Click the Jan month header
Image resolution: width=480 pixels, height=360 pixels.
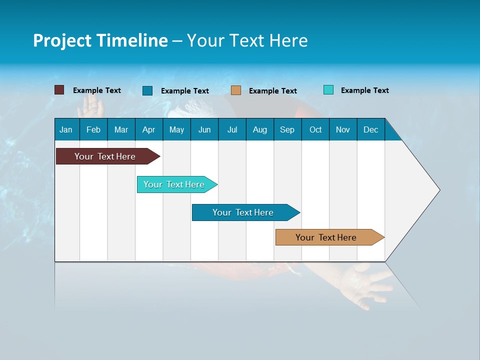coord(66,129)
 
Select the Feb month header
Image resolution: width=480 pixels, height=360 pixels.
coord(93,129)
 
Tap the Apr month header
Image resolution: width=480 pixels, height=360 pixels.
coord(148,129)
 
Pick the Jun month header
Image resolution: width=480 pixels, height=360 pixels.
coord(204,129)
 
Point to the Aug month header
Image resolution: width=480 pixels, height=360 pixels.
coord(259,129)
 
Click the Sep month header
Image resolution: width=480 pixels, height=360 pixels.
coord(287,129)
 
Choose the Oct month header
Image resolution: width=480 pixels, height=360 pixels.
coord(315,129)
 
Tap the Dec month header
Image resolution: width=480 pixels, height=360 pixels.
coord(370,129)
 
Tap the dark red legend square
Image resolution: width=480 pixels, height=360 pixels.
coord(59,90)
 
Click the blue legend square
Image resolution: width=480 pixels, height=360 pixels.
coord(147,90)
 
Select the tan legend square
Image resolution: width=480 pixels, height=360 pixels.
coord(236,90)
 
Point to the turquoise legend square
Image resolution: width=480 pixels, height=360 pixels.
coord(328,90)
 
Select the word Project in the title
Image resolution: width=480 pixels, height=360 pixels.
coord(62,40)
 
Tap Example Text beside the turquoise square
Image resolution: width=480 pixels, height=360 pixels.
coord(364,90)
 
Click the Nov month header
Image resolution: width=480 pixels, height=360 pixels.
coord(343,129)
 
